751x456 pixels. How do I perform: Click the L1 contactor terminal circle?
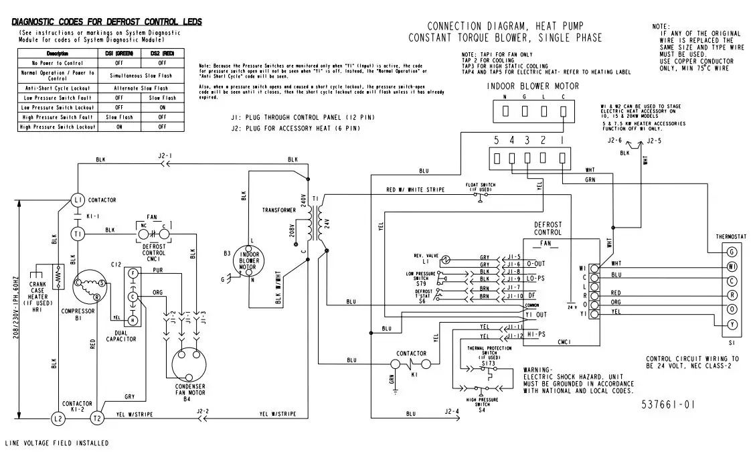(77, 200)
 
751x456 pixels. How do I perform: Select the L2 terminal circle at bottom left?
(58, 418)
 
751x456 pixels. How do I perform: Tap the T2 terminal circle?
(98, 418)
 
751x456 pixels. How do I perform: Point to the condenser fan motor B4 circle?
(188, 365)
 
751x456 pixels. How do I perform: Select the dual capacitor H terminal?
(134, 320)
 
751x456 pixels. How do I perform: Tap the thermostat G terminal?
(732, 252)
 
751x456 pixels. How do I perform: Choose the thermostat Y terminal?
(732, 324)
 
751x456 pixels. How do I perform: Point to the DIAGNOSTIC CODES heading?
(106, 22)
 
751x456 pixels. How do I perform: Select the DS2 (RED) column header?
(162, 53)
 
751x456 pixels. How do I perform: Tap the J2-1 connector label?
(165, 155)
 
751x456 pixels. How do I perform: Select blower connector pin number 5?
(496, 141)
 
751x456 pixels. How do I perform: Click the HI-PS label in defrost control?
(535, 333)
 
